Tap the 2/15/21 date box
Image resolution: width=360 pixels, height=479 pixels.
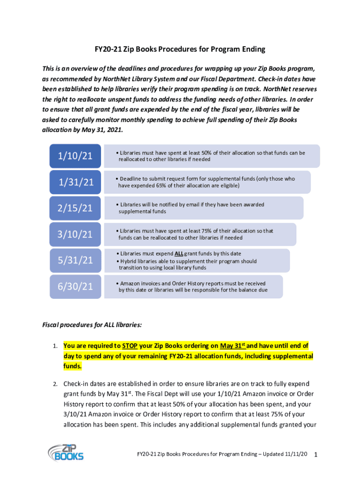[75, 208]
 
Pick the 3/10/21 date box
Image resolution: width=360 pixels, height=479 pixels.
[75, 234]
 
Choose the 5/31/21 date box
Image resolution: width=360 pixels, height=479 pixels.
[75, 260]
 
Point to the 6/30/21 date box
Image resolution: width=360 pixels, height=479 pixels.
[75, 286]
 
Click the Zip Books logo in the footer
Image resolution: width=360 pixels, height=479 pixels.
[65, 452]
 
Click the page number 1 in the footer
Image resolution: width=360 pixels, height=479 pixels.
[317, 455]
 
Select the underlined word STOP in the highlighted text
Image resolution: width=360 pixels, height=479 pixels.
[130, 346]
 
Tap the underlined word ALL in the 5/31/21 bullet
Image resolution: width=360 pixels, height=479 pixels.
[179, 254]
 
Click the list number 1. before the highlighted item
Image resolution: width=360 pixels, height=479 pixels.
[55, 347]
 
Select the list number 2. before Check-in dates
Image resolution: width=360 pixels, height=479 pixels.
[55, 384]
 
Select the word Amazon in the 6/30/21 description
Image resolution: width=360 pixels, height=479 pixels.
[130, 283]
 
